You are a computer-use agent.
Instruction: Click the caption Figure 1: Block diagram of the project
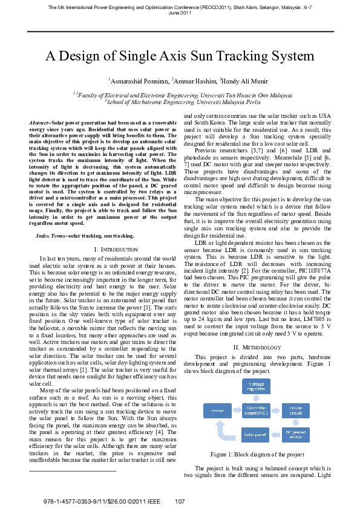257,453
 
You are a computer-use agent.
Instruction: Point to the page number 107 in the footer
179,501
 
